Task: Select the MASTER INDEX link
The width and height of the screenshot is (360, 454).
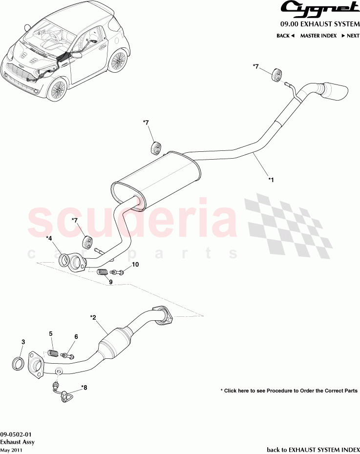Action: point(318,36)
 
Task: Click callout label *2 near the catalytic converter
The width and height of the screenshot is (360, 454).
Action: point(93,317)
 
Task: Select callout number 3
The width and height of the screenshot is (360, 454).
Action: point(23,343)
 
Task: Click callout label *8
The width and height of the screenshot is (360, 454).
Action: point(84,388)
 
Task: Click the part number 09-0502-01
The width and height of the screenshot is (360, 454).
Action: point(17,434)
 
